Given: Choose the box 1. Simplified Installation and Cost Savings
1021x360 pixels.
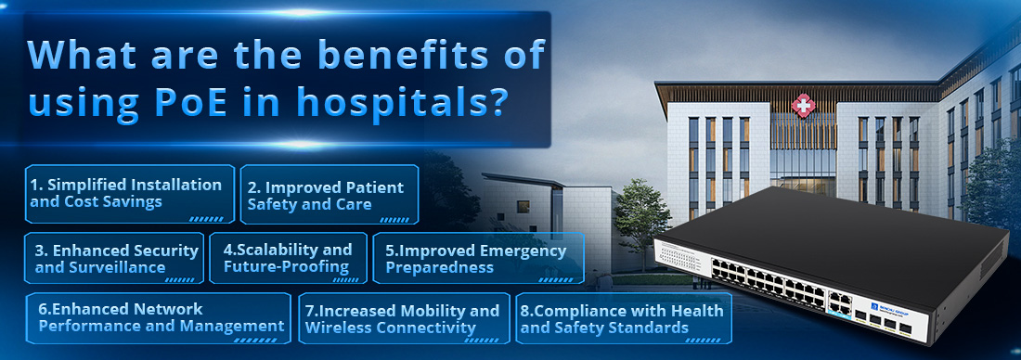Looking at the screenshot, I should click(129, 194).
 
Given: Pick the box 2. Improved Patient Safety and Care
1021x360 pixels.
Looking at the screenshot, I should click(329, 195).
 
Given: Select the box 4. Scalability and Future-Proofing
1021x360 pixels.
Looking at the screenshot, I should click(288, 258).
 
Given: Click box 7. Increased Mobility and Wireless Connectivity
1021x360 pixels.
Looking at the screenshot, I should click(403, 319).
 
